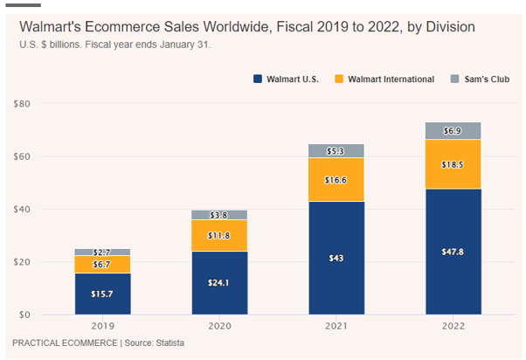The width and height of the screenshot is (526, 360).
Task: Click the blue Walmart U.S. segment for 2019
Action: click(x=102, y=294)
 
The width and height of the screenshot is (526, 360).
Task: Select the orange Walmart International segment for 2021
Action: click(x=336, y=180)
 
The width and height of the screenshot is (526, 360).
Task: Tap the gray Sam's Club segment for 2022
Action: click(x=453, y=130)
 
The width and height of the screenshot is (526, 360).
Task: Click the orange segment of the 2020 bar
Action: click(x=219, y=235)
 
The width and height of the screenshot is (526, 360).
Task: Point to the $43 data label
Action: click(x=336, y=259)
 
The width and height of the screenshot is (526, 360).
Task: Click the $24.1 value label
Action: click(x=219, y=283)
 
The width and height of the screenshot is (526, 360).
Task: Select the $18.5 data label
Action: click(x=453, y=164)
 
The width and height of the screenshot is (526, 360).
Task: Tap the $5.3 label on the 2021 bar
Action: click(x=336, y=151)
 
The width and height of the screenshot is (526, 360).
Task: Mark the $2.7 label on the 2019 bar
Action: click(x=102, y=253)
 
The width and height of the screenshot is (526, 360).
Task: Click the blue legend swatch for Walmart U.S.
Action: click(x=258, y=80)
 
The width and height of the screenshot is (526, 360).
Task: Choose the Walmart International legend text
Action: click(x=391, y=80)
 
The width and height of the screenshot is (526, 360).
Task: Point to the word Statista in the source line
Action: click(x=166, y=343)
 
